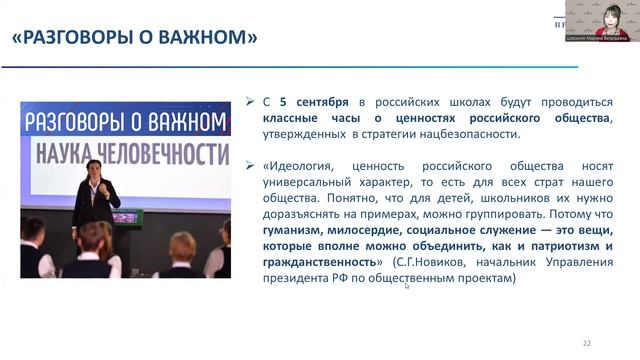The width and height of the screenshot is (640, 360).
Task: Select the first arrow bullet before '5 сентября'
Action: click(250, 102)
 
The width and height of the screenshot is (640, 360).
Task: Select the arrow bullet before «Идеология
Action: click(250, 162)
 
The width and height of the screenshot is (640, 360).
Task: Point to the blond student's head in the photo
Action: click(183, 245)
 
